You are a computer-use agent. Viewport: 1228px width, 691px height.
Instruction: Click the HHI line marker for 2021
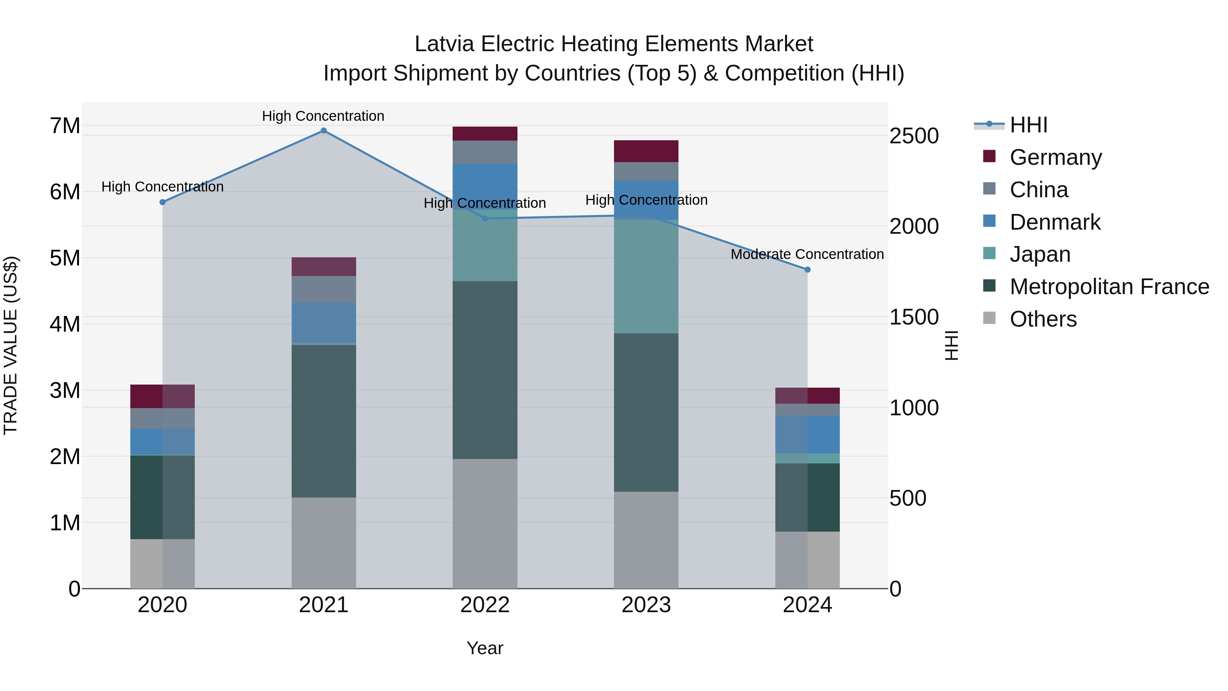324,131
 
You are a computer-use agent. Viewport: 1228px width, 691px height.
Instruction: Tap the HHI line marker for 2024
807,270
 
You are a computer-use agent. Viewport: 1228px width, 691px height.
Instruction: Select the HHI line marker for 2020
163,202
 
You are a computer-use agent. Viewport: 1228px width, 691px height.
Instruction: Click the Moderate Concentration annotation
807,255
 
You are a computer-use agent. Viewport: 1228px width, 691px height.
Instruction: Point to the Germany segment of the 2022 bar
485,133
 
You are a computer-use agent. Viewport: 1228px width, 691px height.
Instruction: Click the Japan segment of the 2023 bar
646,277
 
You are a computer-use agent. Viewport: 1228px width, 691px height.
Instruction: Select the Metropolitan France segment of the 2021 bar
324,421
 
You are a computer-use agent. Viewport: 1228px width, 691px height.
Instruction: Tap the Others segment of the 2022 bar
485,523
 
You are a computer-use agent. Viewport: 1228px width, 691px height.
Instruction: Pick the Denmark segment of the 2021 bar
324,322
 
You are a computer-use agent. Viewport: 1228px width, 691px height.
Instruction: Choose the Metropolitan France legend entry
1109,287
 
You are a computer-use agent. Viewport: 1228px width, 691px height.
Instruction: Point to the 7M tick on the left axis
65,126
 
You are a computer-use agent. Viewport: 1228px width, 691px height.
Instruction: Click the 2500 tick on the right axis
914,136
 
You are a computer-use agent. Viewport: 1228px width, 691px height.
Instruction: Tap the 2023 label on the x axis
646,605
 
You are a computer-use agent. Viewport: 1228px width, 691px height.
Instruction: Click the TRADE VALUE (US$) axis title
11,345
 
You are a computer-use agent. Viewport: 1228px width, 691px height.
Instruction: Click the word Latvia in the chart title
444,44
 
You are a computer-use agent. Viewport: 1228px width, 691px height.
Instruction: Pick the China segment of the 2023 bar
646,171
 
